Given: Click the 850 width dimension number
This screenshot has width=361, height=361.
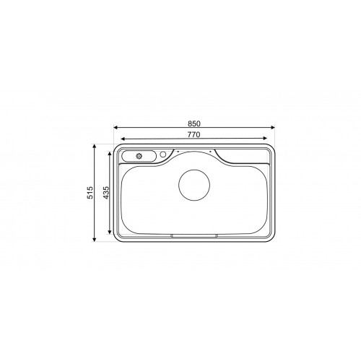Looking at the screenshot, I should pyautogui.click(x=194, y=123).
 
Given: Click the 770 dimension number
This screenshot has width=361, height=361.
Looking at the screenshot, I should pyautogui.click(x=194, y=135).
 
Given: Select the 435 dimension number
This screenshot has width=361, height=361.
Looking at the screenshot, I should pyautogui.click(x=105, y=193).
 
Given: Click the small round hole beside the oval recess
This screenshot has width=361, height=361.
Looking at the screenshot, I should pyautogui.click(x=163, y=154).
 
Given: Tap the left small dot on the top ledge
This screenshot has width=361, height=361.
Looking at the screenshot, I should pyautogui.click(x=177, y=151).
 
